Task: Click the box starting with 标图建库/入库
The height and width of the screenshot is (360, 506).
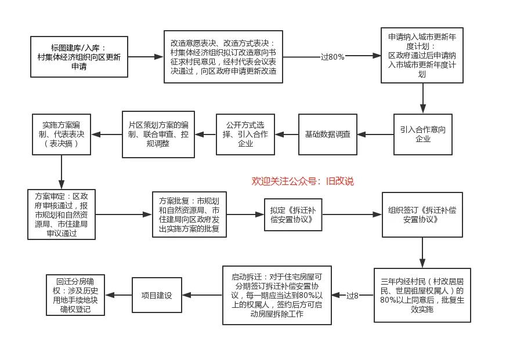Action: (x=79, y=57)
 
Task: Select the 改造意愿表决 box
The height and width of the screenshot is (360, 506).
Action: (x=223, y=57)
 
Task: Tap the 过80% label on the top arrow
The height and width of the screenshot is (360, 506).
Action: (x=332, y=57)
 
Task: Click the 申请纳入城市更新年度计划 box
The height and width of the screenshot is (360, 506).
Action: (x=422, y=55)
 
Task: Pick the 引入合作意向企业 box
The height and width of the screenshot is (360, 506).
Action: (x=423, y=134)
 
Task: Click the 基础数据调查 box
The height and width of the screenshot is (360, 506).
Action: (x=328, y=134)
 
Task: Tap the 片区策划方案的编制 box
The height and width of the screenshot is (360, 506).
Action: (x=158, y=134)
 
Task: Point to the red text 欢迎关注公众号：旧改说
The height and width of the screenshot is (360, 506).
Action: (x=302, y=181)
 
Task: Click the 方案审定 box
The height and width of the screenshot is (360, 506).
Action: (x=61, y=214)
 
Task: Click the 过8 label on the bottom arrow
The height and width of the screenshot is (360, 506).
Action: (x=352, y=296)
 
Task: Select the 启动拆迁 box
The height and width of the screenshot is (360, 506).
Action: (x=277, y=295)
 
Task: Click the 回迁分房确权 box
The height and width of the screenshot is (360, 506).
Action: (x=76, y=294)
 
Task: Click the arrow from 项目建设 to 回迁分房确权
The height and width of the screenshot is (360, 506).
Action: (x=119, y=295)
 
